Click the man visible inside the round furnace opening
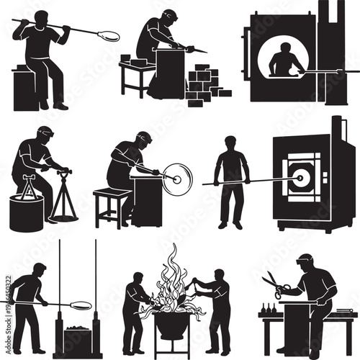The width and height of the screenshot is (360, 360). coord(286,60)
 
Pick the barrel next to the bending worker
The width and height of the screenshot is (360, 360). coord(25,212)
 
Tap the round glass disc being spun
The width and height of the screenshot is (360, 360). coord(177,179)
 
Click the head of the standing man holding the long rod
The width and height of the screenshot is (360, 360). coord(231,143)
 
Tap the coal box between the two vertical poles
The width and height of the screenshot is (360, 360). coord(77,338)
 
